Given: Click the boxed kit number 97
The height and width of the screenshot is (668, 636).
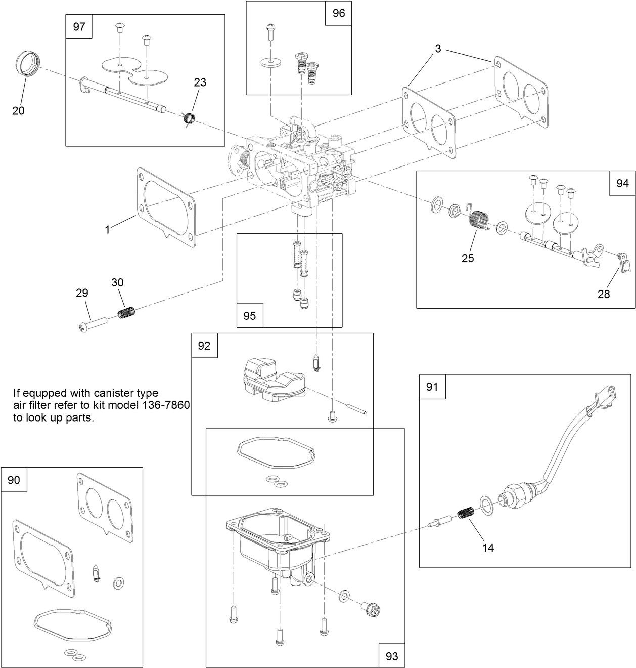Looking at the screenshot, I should (x=79, y=27).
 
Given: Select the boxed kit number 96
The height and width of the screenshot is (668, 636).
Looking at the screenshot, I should (x=338, y=13).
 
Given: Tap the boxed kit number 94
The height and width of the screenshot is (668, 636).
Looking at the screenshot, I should (x=622, y=184).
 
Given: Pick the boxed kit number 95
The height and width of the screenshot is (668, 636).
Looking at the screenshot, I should (x=250, y=315).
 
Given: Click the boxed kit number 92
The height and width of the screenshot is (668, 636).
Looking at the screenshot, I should (x=204, y=346).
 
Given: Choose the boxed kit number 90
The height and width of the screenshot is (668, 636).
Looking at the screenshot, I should (x=14, y=480).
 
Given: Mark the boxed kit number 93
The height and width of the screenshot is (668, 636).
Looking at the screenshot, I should (x=392, y=656).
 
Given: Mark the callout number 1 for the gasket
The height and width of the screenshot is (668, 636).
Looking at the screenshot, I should (x=107, y=229).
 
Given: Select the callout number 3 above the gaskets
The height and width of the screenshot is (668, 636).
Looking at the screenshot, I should (x=438, y=49).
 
